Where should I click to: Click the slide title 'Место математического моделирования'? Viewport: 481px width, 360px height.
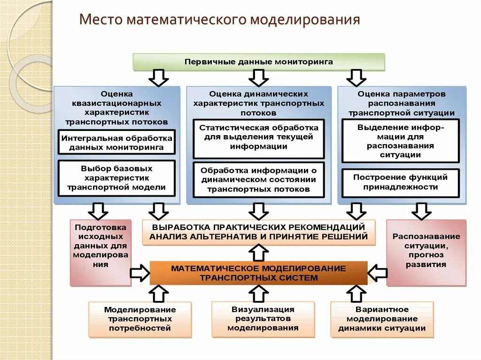pyautogui.click(x=219, y=20)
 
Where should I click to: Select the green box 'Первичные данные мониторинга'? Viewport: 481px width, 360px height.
pyautogui.click(x=258, y=61)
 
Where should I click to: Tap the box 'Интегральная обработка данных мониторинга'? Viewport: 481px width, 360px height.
pyautogui.click(x=116, y=142)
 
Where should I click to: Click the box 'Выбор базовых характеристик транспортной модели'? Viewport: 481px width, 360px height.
pyautogui.click(x=116, y=178)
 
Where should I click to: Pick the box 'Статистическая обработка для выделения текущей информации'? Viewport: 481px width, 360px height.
pyautogui.click(x=258, y=137)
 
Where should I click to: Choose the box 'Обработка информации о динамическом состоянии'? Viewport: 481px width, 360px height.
pyautogui.click(x=258, y=180)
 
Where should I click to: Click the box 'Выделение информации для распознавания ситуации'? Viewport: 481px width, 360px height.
pyautogui.click(x=400, y=141)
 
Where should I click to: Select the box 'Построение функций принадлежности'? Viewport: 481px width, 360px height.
pyautogui.click(x=400, y=182)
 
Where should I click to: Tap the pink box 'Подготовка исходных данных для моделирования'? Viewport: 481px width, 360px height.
pyautogui.click(x=101, y=253)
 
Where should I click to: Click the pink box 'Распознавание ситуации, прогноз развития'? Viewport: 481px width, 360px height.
pyautogui.click(x=426, y=253)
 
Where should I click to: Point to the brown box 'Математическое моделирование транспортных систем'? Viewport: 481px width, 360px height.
pyautogui.click(x=258, y=273)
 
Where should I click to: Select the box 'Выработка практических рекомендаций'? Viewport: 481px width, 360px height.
pyautogui.click(x=258, y=232)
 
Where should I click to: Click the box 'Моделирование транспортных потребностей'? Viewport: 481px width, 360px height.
pyautogui.click(x=140, y=319)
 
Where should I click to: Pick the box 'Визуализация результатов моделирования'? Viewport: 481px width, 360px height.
pyautogui.click(x=263, y=319)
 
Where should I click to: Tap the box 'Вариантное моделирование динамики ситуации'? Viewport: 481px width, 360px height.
pyautogui.click(x=382, y=319)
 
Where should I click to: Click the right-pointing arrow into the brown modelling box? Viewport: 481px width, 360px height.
pyautogui.click(x=140, y=273)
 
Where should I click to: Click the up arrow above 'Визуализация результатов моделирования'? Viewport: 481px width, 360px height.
pyautogui.click(x=258, y=293)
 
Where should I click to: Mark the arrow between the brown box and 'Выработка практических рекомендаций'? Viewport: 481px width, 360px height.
pyautogui.click(x=258, y=253)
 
